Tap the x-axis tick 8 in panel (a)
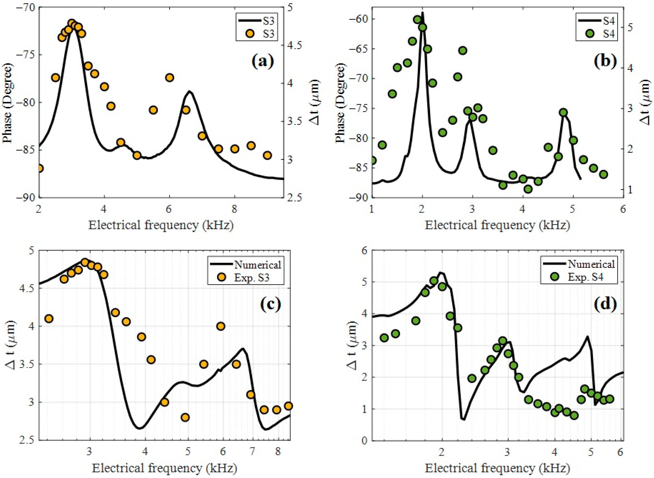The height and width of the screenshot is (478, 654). [x=234, y=209]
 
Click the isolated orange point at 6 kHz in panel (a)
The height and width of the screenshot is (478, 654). [x=169, y=78]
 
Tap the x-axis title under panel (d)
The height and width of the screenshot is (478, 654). [x=497, y=468]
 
